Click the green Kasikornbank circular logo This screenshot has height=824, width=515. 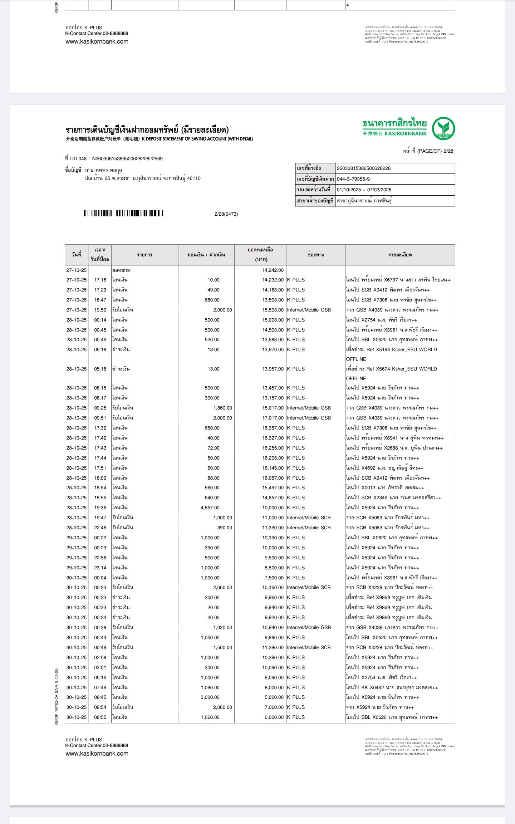click(443, 128)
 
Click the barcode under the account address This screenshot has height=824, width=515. click(124, 214)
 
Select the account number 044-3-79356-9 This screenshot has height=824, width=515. click(353, 179)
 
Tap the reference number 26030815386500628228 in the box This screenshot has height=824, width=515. click(364, 168)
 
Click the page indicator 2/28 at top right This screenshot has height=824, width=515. click(448, 151)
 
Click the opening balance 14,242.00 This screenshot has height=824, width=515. click(273, 270)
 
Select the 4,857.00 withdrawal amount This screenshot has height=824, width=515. click(210, 507)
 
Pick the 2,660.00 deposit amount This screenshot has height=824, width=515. click(222, 587)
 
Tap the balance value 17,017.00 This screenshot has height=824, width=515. click(273, 418)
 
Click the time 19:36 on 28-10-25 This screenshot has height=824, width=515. click(100, 507)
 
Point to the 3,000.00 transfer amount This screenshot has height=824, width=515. click(210, 697)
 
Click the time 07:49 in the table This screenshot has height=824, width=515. click(100, 687)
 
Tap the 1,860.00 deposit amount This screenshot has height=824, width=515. click(222, 408)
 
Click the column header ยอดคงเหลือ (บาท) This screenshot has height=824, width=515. click(260, 254)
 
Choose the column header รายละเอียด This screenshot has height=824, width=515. click(400, 255)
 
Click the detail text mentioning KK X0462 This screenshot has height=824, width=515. click(392, 687)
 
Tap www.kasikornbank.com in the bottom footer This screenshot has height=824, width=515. click(97, 754)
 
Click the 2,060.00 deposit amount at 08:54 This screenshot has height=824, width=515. click(222, 707)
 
